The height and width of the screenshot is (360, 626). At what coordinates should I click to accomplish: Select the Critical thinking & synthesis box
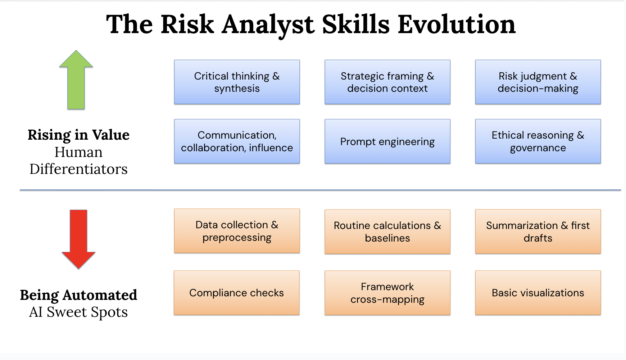[x=237, y=82]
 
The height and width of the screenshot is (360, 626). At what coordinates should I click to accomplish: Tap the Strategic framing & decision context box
[x=387, y=82]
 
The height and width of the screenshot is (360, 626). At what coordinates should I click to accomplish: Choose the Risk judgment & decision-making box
[x=537, y=82]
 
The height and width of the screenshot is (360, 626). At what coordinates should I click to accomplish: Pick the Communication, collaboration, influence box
[x=237, y=141]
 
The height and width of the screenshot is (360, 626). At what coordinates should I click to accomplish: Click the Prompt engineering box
[x=387, y=141]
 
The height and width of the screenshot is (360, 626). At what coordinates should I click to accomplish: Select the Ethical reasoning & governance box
[x=537, y=141]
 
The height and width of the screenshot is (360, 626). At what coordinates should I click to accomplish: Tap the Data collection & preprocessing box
[x=237, y=231]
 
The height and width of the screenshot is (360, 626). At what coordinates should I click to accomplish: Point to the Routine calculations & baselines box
[x=387, y=231]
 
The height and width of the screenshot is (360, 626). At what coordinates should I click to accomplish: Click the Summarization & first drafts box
[x=537, y=231]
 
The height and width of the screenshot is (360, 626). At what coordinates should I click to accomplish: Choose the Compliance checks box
[x=236, y=293]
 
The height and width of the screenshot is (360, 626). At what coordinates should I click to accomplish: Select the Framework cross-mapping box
[x=387, y=293]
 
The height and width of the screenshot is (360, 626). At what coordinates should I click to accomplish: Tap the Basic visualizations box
[x=537, y=293]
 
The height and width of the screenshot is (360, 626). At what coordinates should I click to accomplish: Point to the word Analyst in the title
[x=268, y=25]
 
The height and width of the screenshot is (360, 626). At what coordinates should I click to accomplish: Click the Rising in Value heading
[x=78, y=135]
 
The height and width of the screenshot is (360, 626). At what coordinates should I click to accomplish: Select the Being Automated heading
[x=78, y=295]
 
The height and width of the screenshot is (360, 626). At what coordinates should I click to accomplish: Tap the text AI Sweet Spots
[x=78, y=312]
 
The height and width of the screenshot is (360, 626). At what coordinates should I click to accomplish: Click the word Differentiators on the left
[x=78, y=169]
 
